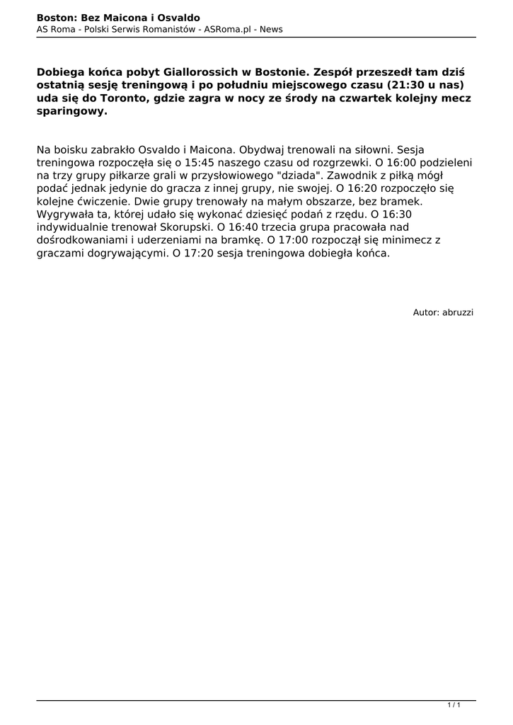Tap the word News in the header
(270, 29)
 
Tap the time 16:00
(392, 162)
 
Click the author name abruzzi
(458, 312)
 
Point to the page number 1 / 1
(454, 704)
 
